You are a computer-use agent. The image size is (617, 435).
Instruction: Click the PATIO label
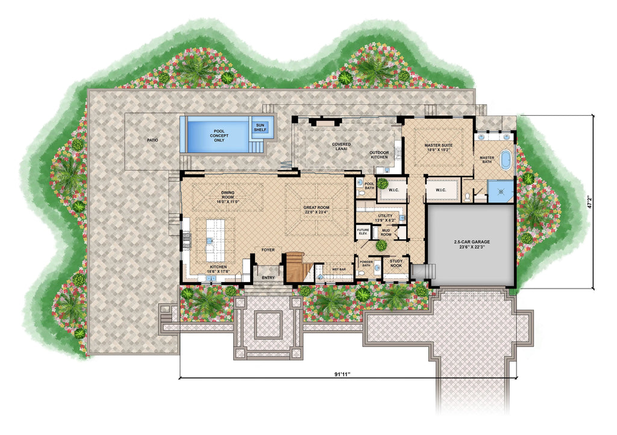point(152,140)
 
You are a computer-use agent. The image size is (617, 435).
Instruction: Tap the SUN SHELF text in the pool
point(260,127)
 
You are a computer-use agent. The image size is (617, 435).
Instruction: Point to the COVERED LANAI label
point(341,145)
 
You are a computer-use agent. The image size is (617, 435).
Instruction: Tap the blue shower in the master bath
point(500,190)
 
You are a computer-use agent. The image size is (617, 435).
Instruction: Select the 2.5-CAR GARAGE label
point(471,244)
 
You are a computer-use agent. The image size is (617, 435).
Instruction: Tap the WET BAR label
point(339,270)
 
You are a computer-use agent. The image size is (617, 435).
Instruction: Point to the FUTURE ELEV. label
point(363,232)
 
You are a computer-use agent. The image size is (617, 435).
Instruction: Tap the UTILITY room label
point(385,218)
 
